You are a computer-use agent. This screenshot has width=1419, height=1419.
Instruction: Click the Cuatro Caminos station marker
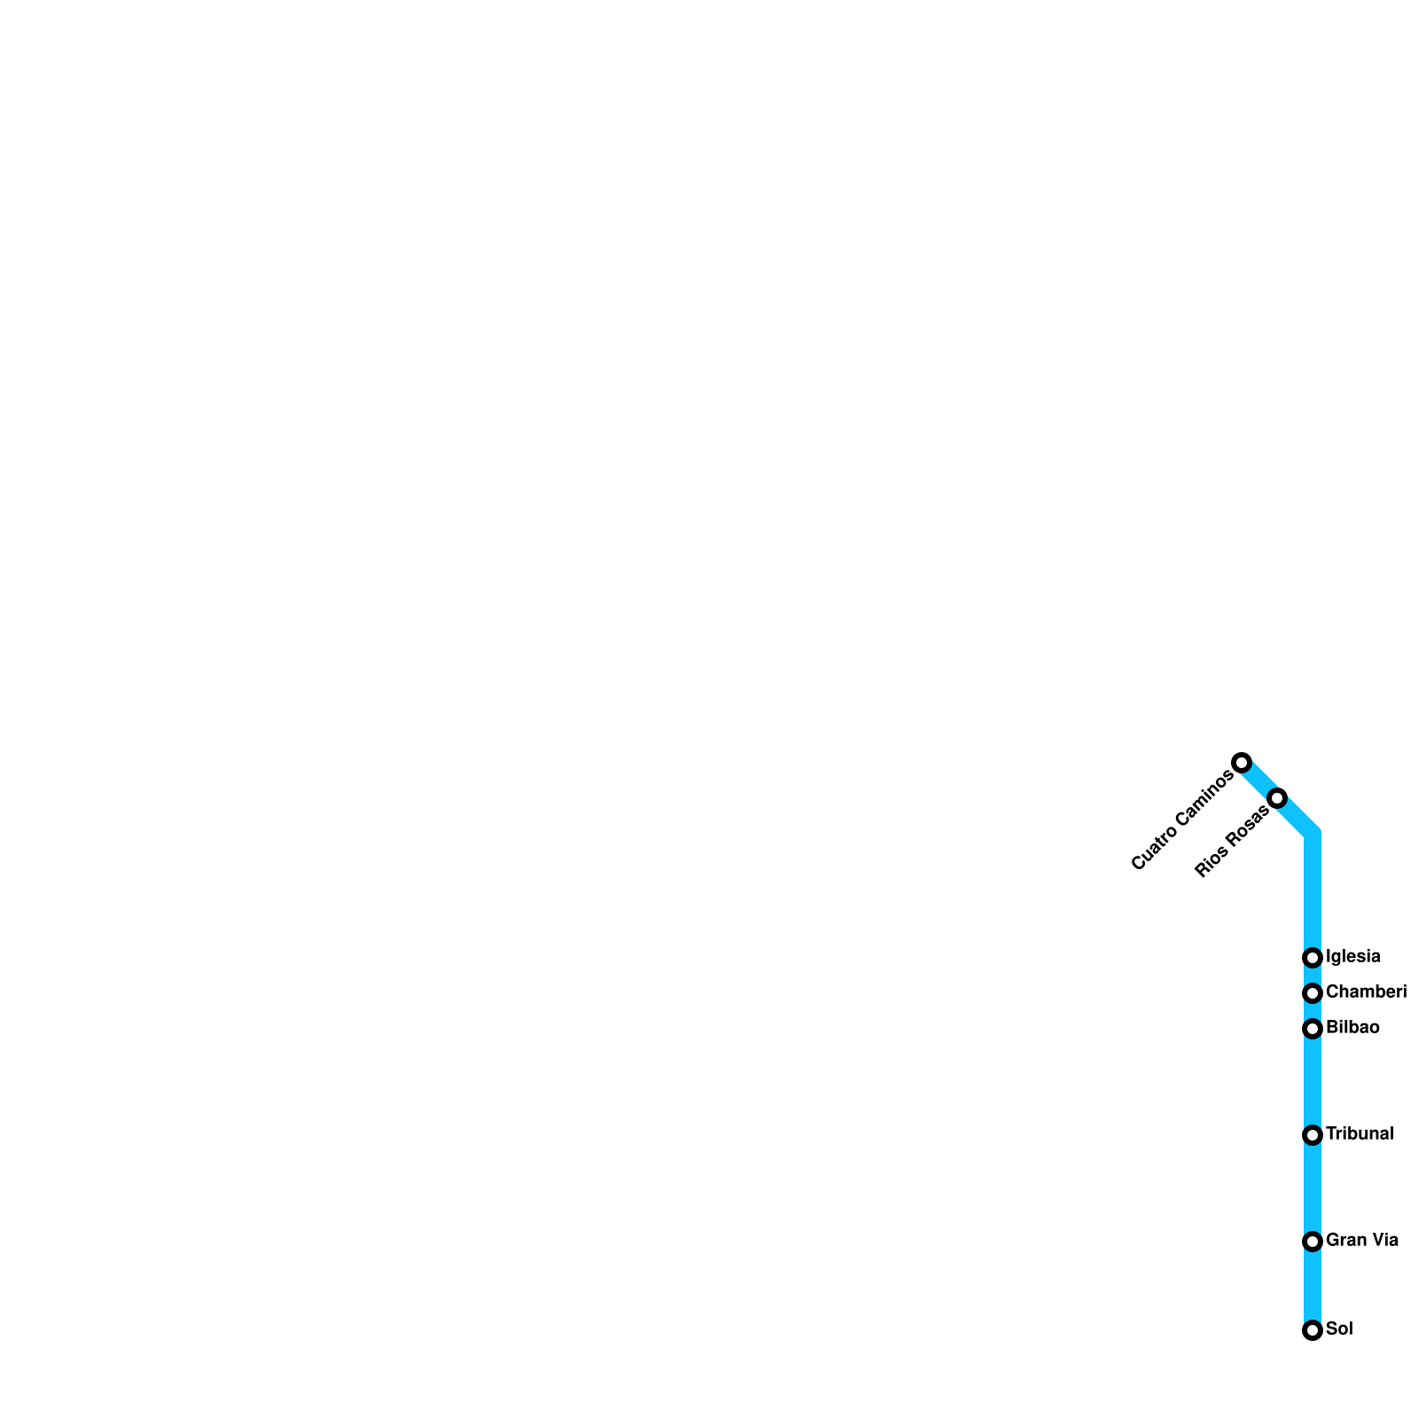1242,763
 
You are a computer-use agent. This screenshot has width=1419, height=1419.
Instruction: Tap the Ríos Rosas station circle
1277,798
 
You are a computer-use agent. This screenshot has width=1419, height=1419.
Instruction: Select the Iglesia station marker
1313,958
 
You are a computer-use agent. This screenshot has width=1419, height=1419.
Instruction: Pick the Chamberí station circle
1313,993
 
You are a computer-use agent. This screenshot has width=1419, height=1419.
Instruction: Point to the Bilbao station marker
1313,1029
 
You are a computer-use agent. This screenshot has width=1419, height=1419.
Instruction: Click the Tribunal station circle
1313,1135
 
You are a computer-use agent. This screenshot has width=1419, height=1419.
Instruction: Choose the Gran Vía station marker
1313,1242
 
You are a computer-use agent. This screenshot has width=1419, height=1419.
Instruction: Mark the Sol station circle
1313,1330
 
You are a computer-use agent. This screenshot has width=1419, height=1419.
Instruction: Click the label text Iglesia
1352,957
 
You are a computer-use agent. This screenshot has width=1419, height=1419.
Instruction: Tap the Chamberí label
1366,992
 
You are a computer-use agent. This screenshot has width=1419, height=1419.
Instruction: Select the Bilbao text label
1352,1028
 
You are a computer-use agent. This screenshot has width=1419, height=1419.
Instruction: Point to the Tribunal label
1360,1134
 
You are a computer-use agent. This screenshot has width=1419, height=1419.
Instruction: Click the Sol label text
1339,1329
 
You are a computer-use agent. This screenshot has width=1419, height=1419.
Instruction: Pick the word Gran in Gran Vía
1345,1241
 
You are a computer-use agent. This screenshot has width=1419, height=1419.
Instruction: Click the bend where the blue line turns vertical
1313,834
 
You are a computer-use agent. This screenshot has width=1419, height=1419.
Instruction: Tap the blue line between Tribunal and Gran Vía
1313,1188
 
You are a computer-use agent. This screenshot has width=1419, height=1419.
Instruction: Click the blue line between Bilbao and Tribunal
1313,1082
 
